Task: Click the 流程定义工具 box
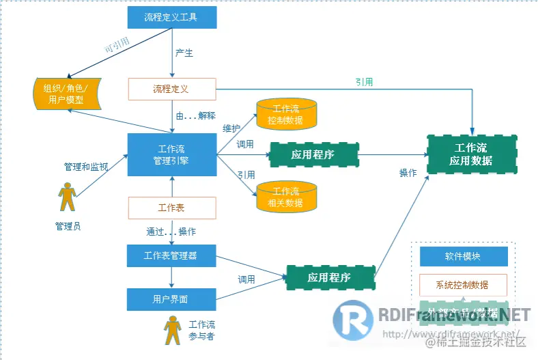click(x=171, y=17)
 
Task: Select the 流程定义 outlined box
click(x=171, y=89)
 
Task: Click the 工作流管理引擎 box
click(x=171, y=155)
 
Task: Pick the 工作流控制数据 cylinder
click(x=286, y=114)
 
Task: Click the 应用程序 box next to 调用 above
click(x=313, y=155)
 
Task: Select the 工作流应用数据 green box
click(x=471, y=155)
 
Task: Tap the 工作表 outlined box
click(x=171, y=208)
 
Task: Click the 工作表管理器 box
click(x=171, y=256)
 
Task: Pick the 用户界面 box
click(x=171, y=299)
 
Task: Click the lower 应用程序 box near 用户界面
click(x=330, y=277)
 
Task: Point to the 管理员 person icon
click(x=67, y=198)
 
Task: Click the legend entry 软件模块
click(x=463, y=257)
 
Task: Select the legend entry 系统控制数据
click(x=463, y=285)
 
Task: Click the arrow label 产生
click(x=184, y=53)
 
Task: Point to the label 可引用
click(x=116, y=46)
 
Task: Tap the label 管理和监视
click(x=86, y=167)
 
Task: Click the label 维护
click(x=231, y=128)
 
